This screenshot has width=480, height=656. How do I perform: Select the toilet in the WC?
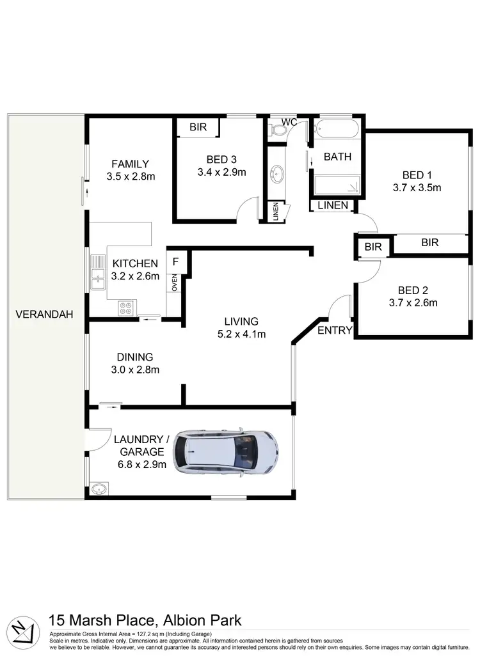point(278,130)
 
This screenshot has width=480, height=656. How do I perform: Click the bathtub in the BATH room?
point(338,129)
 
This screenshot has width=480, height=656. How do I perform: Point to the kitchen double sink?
point(98,272)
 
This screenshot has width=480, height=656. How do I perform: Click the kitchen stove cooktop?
point(126,308)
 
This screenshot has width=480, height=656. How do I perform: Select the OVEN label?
point(173,283)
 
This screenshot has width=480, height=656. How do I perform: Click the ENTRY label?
point(335,330)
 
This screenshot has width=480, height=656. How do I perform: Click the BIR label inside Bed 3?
point(198,127)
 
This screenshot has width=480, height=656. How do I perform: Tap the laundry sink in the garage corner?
point(97,490)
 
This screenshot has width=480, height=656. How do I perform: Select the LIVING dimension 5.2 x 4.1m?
point(241,333)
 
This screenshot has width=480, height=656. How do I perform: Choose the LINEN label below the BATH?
point(333,205)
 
